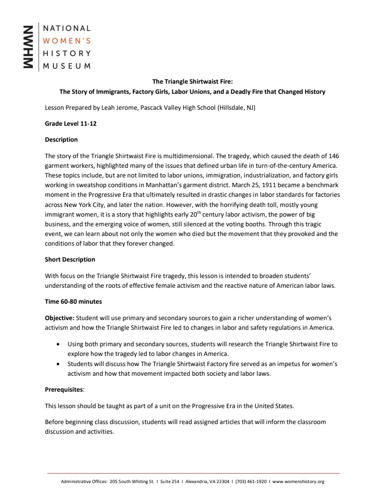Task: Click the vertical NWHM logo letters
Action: coord(29,47)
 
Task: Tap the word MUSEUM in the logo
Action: coord(67,66)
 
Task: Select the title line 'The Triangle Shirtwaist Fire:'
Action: coord(192,82)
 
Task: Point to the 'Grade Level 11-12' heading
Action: coord(71,124)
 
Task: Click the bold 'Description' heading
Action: coord(61,140)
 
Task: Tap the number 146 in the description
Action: coord(334,156)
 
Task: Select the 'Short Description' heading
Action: coord(70,260)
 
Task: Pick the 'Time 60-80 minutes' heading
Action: coord(73,301)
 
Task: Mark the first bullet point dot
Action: coord(58,344)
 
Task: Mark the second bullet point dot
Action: coord(58,364)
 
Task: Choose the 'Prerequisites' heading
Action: coord(64,389)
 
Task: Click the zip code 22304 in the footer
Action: coord(222,482)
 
